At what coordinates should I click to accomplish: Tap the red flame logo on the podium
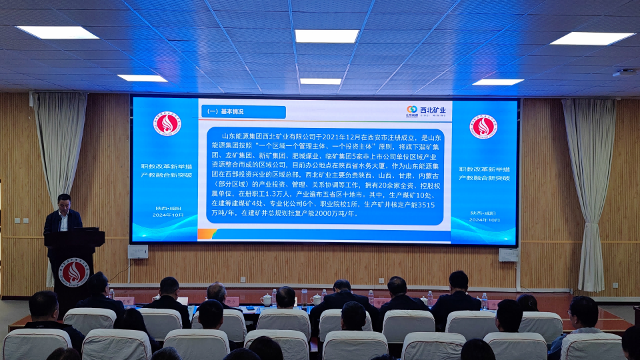[x=74, y=272]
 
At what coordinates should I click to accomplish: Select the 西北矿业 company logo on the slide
[x=427, y=111]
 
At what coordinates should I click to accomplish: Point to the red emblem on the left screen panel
[x=166, y=124]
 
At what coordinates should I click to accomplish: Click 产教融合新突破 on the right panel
[x=484, y=179]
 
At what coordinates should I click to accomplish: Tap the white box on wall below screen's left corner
[x=138, y=251]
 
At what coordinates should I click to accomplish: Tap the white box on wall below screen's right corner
[x=508, y=255]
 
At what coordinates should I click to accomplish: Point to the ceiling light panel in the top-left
[x=57, y=32]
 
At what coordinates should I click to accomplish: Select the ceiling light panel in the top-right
[x=591, y=39]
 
